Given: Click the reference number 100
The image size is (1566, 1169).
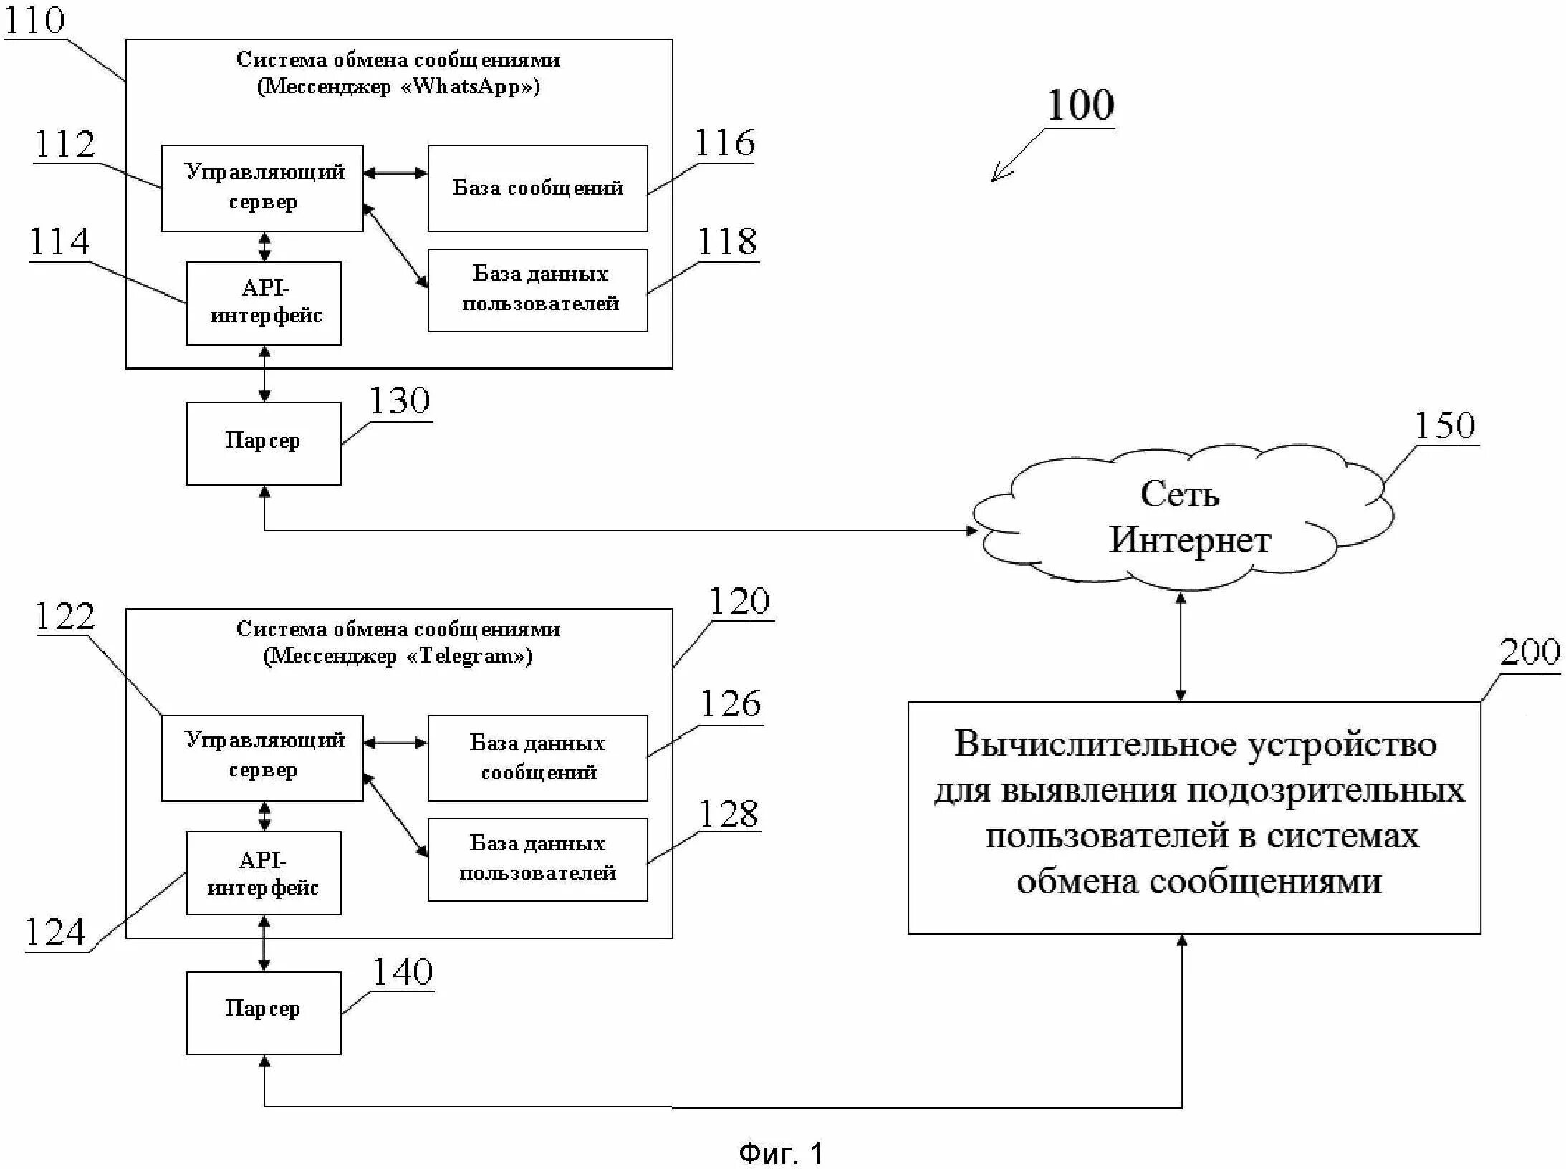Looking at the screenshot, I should click(x=1080, y=105).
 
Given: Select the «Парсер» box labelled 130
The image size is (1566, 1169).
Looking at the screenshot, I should click(x=263, y=443).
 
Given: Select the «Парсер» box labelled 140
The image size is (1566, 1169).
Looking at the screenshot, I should click(x=263, y=1012).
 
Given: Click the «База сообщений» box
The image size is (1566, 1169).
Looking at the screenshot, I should click(x=537, y=188).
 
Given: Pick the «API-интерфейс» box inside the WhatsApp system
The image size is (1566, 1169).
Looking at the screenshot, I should click(x=263, y=303).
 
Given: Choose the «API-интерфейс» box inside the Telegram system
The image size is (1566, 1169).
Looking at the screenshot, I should click(x=263, y=872).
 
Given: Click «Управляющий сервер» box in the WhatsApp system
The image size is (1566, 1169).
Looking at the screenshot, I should click(x=262, y=188).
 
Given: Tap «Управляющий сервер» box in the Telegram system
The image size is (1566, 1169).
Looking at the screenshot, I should click(x=262, y=757).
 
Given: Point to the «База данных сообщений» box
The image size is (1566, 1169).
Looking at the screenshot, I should click(x=537, y=757).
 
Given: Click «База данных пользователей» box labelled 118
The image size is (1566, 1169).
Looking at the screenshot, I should click(x=537, y=289).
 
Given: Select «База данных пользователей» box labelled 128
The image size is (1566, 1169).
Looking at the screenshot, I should click(x=537, y=859).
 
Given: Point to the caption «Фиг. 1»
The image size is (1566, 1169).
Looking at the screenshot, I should click(x=780, y=1153).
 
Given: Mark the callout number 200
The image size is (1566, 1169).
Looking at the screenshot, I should click(x=1529, y=652).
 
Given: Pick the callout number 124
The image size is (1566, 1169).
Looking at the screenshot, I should click(x=55, y=933).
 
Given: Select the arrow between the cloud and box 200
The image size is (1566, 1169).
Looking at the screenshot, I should click(x=1181, y=645).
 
